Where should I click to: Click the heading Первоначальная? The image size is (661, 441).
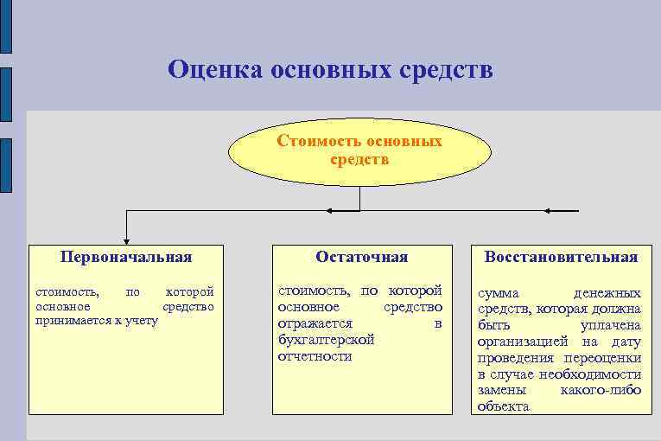(x=126, y=257)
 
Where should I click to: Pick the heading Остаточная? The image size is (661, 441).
(x=361, y=257)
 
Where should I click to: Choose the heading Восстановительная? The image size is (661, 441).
(x=561, y=257)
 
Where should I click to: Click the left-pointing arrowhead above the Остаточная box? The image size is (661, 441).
(x=332, y=210)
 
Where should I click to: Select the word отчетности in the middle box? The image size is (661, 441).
(x=315, y=356)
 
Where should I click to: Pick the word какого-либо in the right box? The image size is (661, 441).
(x=601, y=390)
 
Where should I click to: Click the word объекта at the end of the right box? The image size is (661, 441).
(x=503, y=406)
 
